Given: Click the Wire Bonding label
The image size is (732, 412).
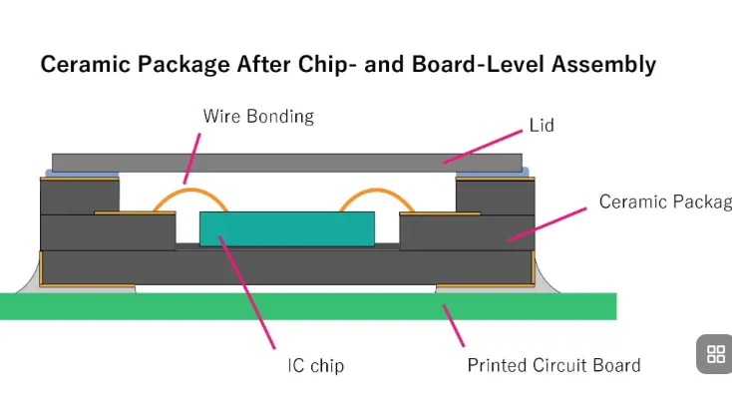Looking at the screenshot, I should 258,117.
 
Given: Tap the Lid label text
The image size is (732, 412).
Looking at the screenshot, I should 541,127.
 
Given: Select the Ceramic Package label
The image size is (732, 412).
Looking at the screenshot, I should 664,203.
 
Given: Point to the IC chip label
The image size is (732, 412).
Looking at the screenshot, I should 314,366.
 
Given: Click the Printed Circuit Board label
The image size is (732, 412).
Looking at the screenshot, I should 553,365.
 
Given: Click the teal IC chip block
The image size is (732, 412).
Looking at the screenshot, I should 287,228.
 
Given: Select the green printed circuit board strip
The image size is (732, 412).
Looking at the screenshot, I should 299,306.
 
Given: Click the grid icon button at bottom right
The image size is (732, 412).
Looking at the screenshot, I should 715,354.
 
